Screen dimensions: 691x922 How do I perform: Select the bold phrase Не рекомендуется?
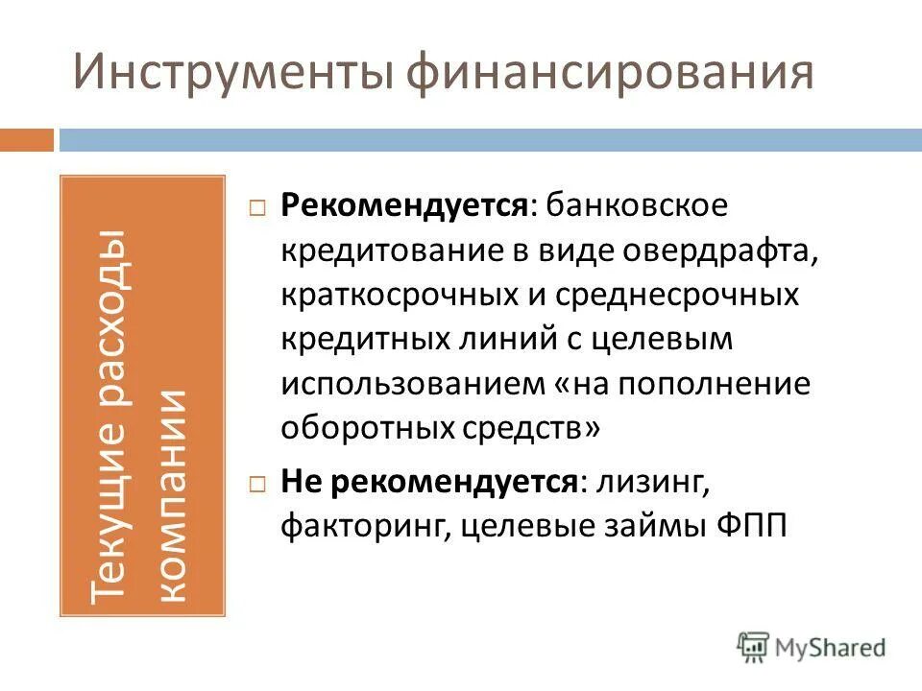pyautogui.click(x=429, y=482)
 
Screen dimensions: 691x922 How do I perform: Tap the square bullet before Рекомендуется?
pyautogui.click(x=256, y=207)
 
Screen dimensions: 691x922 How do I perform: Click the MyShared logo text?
pyautogui.click(x=830, y=648)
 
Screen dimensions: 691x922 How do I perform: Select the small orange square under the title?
pyautogui.click(x=27, y=140)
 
